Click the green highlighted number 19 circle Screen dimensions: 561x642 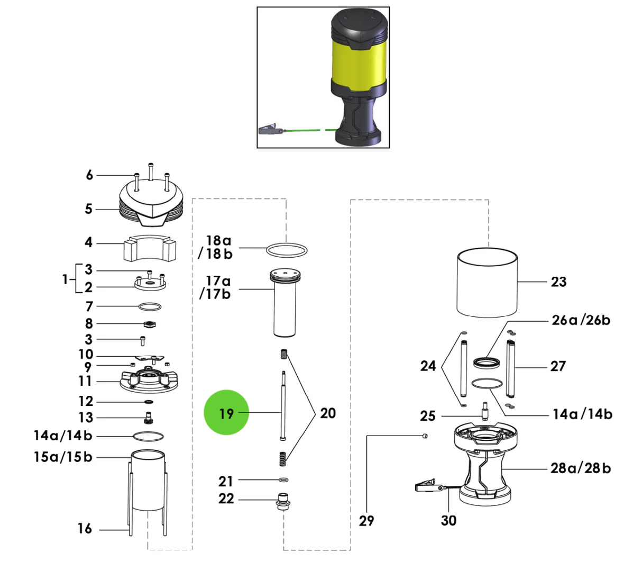pos(226,412)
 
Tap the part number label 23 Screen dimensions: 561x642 pos(558,282)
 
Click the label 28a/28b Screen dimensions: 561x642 pos(581,468)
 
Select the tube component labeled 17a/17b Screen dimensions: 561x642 pos(286,307)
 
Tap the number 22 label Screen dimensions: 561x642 pos(226,499)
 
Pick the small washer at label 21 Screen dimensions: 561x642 pos(283,481)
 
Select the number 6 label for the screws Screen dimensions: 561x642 pos(89,175)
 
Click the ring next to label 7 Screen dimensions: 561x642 pos(150,306)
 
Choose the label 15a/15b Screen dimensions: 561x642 pos(63,456)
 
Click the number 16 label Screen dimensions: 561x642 pos(85,528)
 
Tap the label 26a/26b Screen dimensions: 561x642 pos(581,320)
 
